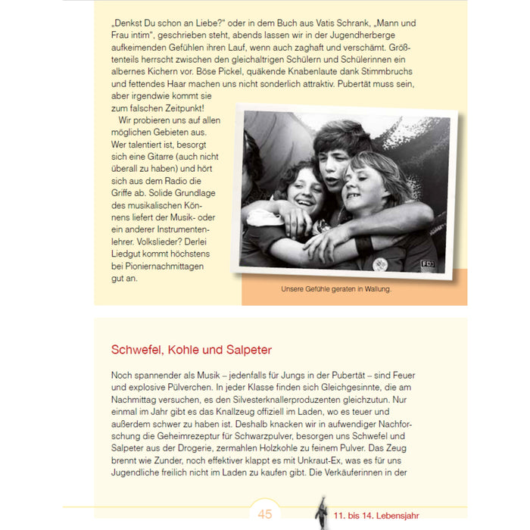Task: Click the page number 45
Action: (264, 515)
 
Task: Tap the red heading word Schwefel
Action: (139, 350)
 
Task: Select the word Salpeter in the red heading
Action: (245, 350)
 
